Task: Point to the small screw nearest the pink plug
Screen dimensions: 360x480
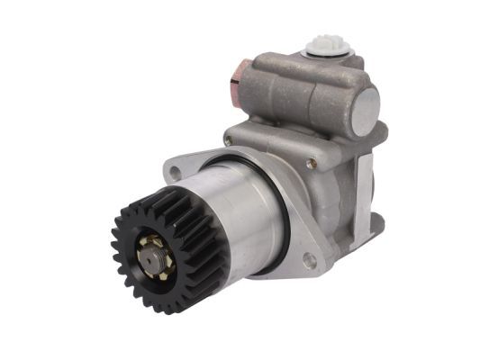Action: (x=229, y=139)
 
